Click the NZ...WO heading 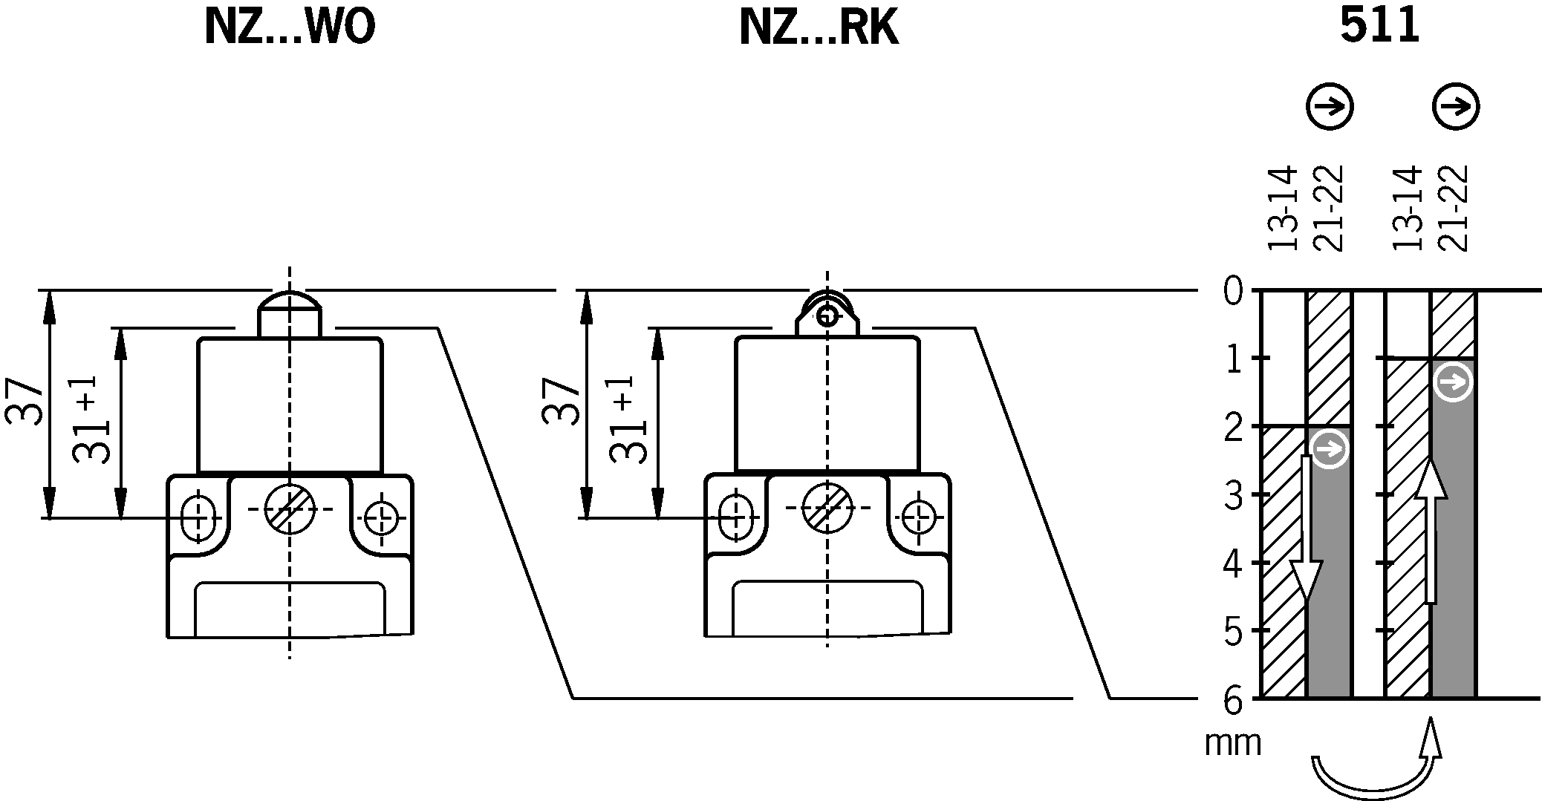[290, 28]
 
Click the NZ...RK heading [819, 28]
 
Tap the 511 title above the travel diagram [1379, 26]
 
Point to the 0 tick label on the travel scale [1233, 291]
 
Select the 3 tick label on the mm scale [1233, 496]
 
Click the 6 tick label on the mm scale [1233, 700]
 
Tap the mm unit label [1233, 742]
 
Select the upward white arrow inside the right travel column [1431, 530]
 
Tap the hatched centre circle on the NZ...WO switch [290, 509]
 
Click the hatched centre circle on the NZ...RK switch [827, 509]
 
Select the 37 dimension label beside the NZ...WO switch [24, 401]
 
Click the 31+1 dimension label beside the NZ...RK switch [628, 420]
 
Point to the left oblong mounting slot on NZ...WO [198, 515]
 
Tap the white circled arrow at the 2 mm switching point [1330, 449]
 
